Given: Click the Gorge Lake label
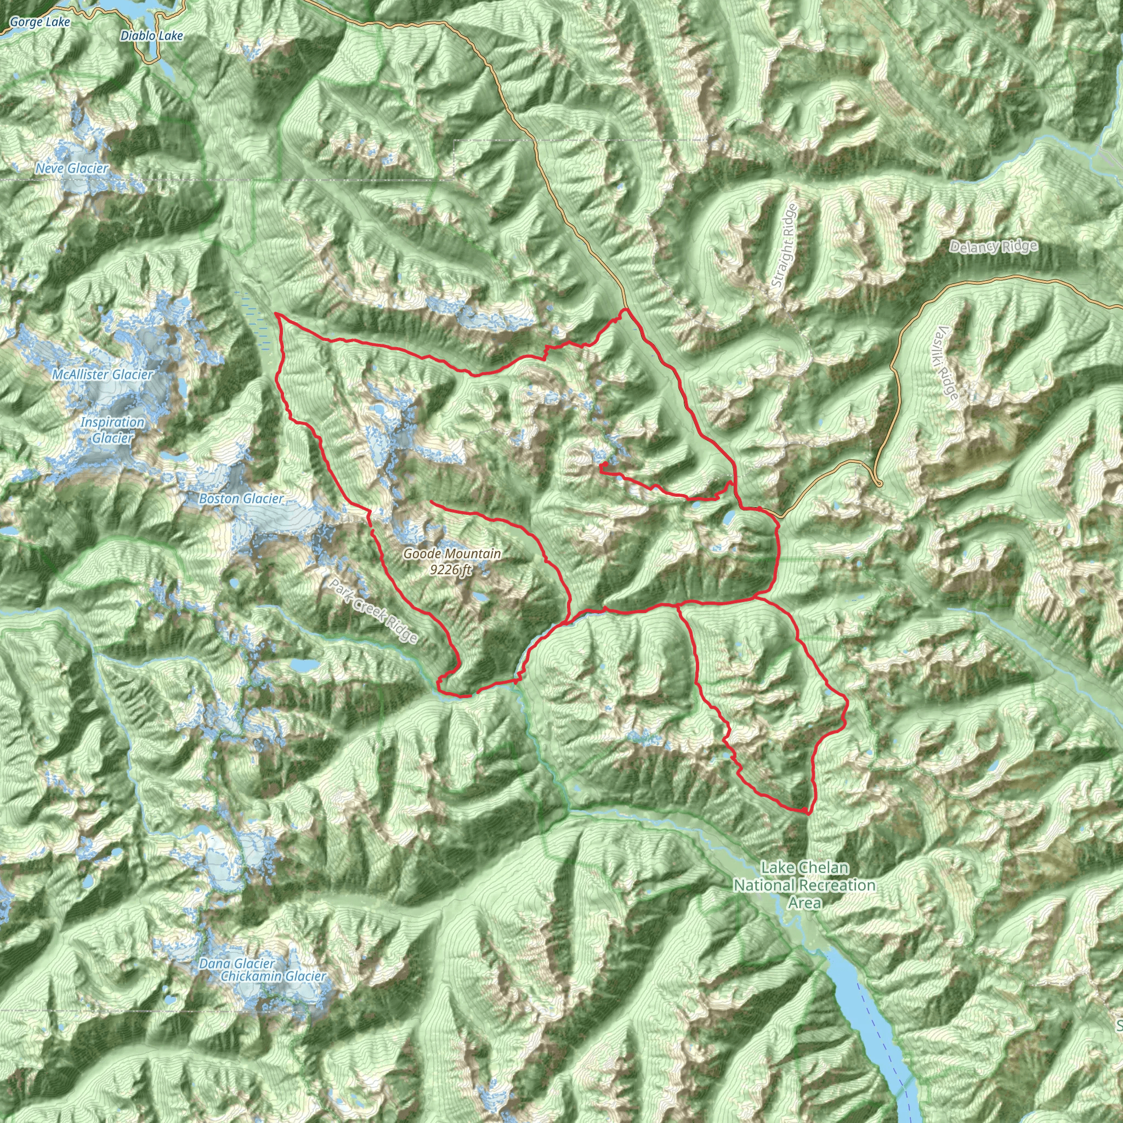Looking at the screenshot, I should (x=39, y=22).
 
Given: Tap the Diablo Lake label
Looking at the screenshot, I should (x=152, y=36).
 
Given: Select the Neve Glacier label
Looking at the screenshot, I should (x=72, y=168).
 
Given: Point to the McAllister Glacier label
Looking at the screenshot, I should (x=103, y=375).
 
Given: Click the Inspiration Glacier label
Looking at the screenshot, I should (x=112, y=430).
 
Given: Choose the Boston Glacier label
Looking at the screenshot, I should (x=241, y=499).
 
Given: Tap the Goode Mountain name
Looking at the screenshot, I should (x=452, y=554).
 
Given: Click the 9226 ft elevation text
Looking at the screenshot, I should (x=451, y=570).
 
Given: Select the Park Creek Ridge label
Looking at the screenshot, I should (x=374, y=611).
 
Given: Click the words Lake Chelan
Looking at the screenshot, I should (x=804, y=868).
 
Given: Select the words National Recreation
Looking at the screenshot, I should (x=804, y=885).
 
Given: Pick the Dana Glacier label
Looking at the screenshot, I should (x=236, y=964).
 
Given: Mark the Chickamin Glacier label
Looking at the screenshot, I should (x=273, y=976).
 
